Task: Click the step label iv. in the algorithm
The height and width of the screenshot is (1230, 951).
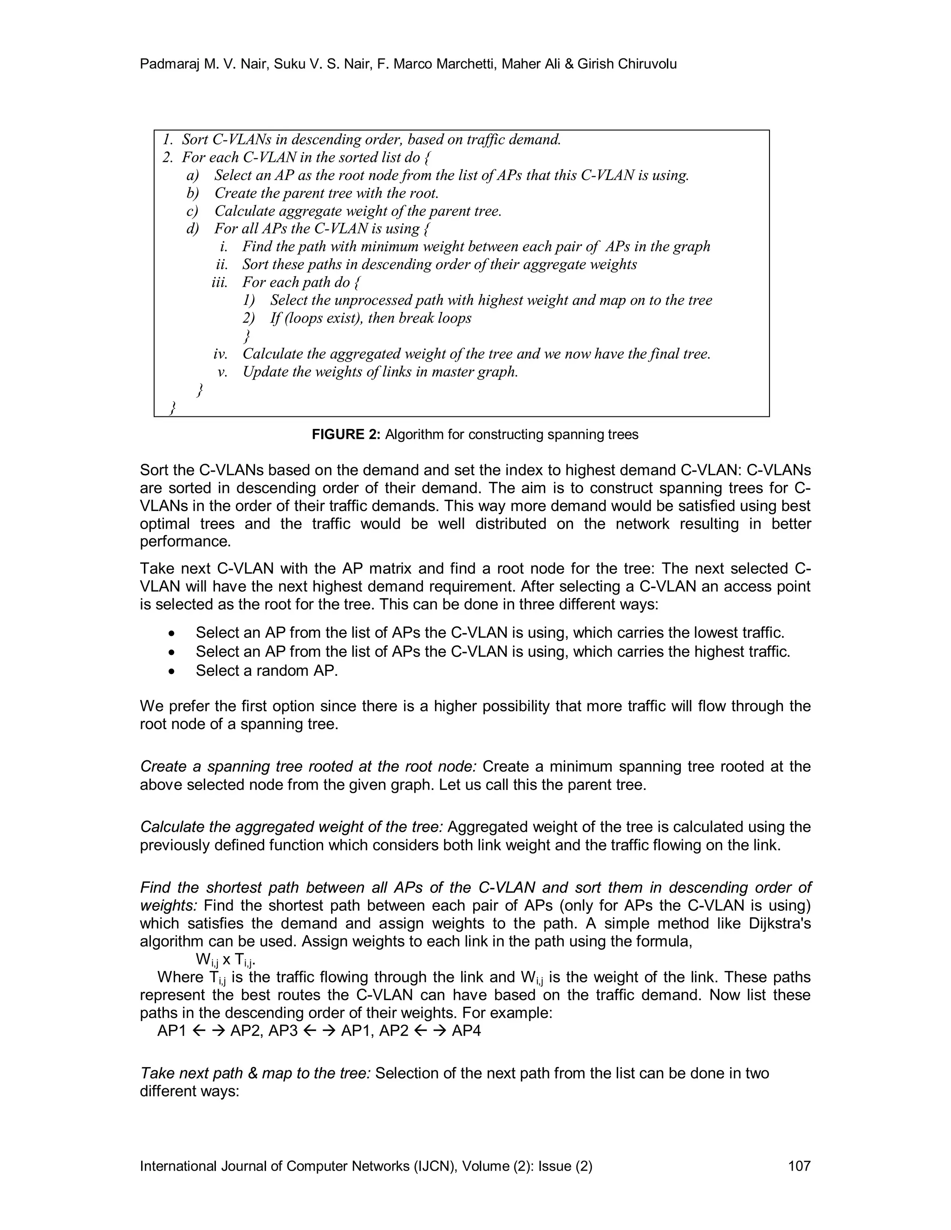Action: click(x=220, y=354)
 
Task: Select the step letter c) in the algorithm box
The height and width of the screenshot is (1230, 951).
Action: click(x=193, y=211)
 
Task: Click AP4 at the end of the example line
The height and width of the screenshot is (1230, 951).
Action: click(x=467, y=1030)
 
